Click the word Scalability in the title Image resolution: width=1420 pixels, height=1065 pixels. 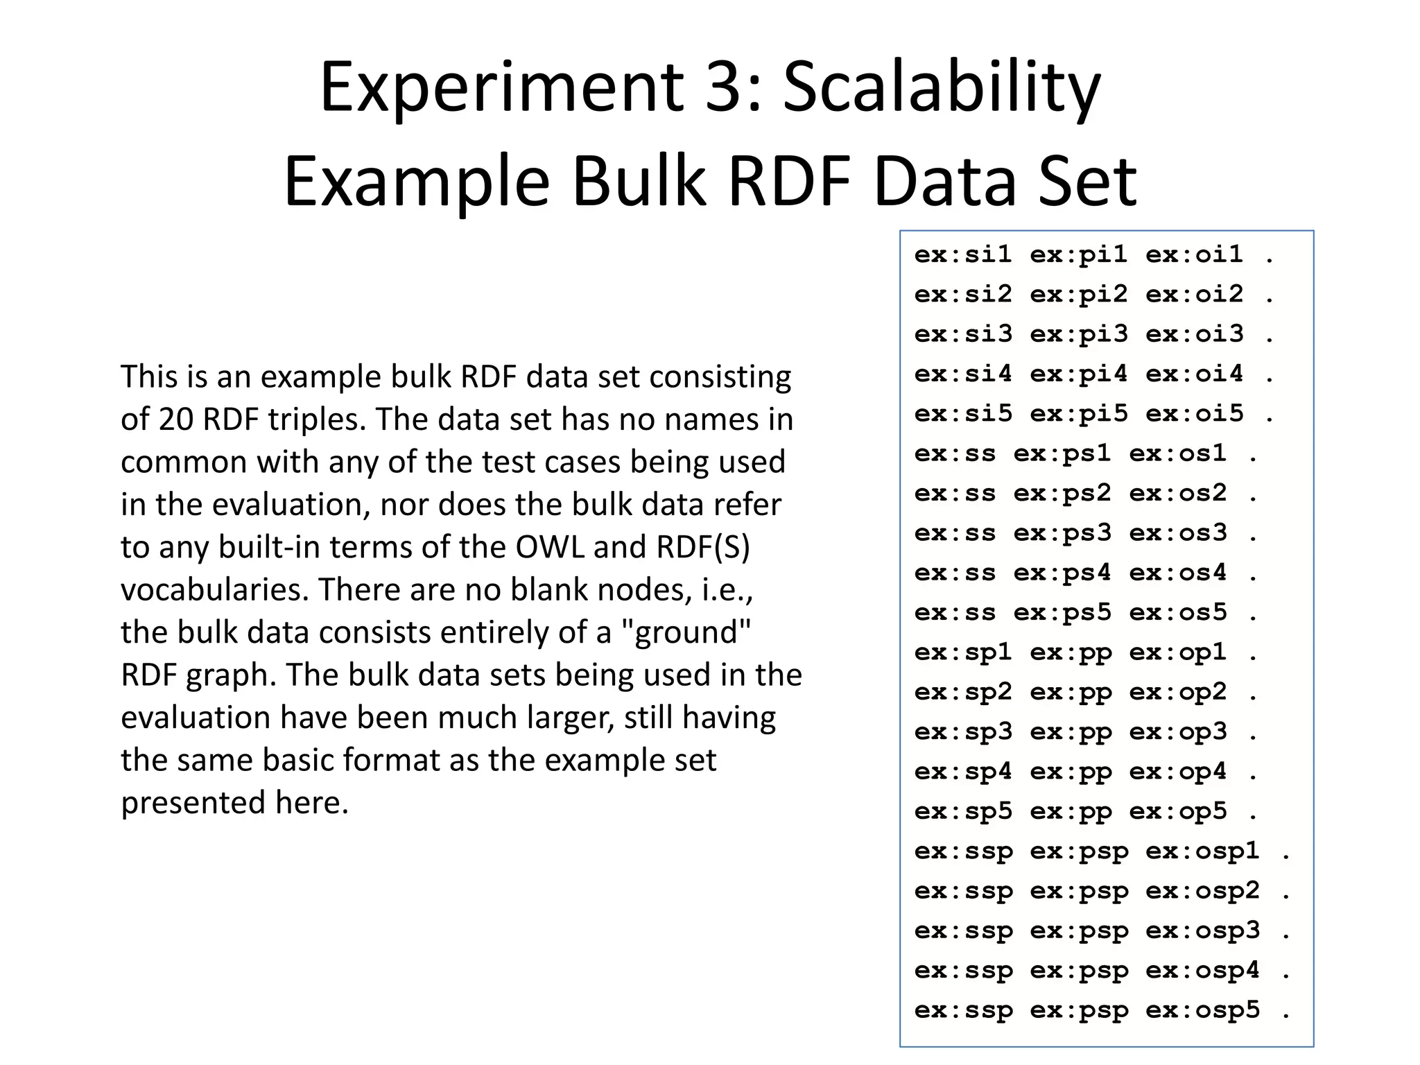coord(942,88)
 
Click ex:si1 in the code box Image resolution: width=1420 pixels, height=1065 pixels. coord(963,255)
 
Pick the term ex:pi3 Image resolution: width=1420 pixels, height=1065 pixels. coord(1079,335)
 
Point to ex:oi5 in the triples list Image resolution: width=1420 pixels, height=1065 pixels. coord(1195,415)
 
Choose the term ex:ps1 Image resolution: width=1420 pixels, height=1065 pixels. coord(1062,454)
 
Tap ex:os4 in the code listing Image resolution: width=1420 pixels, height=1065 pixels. coord(1178,573)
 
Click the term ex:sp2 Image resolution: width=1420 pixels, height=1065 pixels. coord(963,693)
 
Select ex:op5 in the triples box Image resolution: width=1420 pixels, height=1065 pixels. coord(1178,812)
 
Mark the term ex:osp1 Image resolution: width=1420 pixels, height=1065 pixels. coord(1202,851)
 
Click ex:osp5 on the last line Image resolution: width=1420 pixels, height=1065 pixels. coord(1202,1011)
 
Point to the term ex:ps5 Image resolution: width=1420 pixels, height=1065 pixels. coord(1062,613)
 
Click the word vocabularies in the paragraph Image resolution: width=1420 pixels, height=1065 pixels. coord(214,590)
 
